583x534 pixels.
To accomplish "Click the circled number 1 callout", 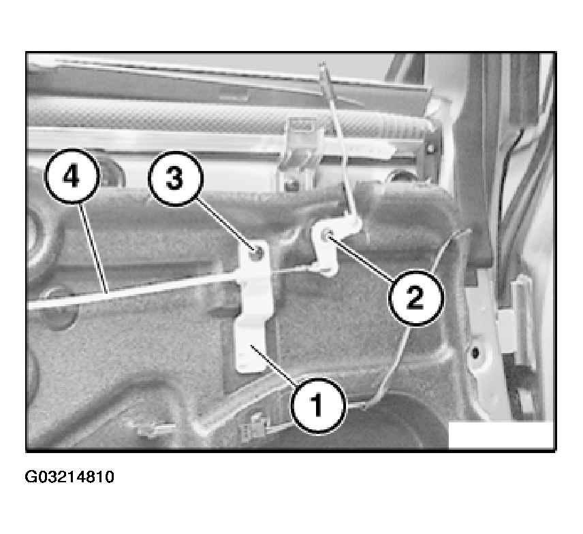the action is (x=318, y=406).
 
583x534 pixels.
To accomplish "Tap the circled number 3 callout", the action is (x=176, y=179).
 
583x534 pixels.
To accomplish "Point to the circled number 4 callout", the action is (x=72, y=176).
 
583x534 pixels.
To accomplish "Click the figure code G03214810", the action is (x=69, y=477).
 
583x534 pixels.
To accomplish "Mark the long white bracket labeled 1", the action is (x=253, y=308).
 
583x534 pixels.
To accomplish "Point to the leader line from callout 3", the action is (x=225, y=225).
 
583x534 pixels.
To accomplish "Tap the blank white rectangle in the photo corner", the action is (x=501, y=435).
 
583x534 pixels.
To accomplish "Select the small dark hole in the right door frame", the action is (x=475, y=352).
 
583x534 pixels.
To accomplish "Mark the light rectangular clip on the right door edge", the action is (x=508, y=331).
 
